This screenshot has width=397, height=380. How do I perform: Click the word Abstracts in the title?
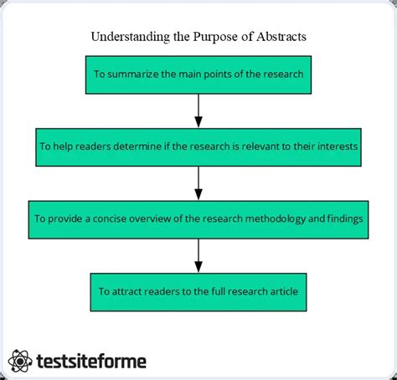281,37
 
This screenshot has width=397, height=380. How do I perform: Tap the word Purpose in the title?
215,37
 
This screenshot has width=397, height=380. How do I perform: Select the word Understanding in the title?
131,37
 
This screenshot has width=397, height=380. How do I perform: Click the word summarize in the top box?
132,74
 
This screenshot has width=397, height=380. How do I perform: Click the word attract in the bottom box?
126,291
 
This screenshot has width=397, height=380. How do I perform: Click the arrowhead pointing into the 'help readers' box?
198,122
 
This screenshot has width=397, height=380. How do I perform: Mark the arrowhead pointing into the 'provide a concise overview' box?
198,194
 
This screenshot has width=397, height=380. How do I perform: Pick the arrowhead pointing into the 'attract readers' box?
198,267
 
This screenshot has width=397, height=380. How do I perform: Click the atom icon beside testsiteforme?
20,361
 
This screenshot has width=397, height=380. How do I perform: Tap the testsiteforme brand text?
91,362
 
